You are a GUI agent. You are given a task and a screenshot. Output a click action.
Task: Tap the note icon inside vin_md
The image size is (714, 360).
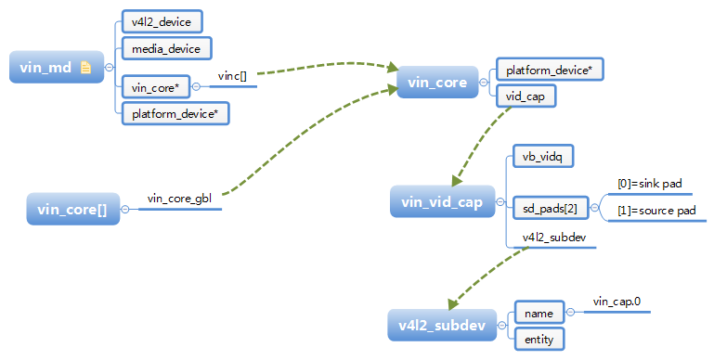[84, 67]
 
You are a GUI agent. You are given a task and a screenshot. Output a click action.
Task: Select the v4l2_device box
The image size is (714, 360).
[162, 20]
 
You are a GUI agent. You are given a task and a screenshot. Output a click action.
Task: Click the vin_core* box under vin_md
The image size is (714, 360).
[156, 87]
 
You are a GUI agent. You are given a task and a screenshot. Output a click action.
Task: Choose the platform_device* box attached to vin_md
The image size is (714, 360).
[175, 113]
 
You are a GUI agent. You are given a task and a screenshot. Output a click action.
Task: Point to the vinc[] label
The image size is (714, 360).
[232, 75]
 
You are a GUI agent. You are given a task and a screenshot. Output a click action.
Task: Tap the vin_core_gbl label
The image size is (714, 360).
[180, 199]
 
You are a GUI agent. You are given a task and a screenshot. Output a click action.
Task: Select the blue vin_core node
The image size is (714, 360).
[437, 83]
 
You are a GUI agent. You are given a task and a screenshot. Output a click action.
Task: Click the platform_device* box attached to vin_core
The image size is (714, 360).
[549, 70]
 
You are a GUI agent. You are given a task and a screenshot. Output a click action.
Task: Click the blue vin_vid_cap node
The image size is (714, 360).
[442, 203]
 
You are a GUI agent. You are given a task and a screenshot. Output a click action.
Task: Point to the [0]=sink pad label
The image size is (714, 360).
[650, 184]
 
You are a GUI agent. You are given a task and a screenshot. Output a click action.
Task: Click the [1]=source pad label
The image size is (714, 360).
[656, 211]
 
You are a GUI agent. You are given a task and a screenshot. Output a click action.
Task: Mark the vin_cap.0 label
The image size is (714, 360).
[617, 301]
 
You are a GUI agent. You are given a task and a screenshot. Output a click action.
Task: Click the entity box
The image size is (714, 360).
[539, 340]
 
